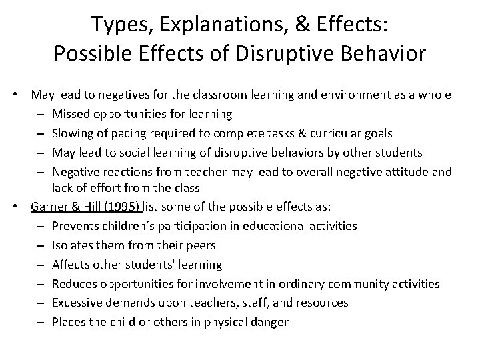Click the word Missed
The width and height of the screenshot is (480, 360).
[x=71, y=115]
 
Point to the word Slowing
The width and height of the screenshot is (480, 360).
[x=73, y=133]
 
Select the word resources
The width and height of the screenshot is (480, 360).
[x=323, y=303]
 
